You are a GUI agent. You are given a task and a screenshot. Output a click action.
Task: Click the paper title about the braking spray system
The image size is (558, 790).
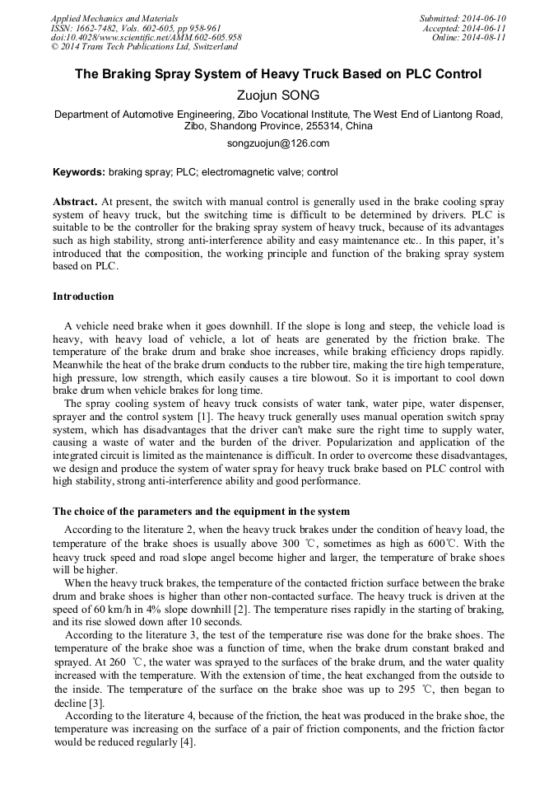point(278,74)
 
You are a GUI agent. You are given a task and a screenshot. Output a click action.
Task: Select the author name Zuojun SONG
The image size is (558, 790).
point(278,96)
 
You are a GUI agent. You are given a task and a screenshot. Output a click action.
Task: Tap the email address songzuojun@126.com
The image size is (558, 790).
point(278,143)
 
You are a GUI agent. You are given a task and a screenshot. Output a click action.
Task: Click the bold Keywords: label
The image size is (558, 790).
point(79,172)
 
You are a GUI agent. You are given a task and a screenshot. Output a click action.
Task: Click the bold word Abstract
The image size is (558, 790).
point(75,201)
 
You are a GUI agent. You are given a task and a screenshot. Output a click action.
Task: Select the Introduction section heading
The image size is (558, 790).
point(83,297)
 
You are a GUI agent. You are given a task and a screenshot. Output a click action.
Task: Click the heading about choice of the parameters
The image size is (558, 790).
point(201,512)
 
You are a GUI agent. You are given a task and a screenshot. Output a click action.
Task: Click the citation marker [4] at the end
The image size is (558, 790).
point(188,742)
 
